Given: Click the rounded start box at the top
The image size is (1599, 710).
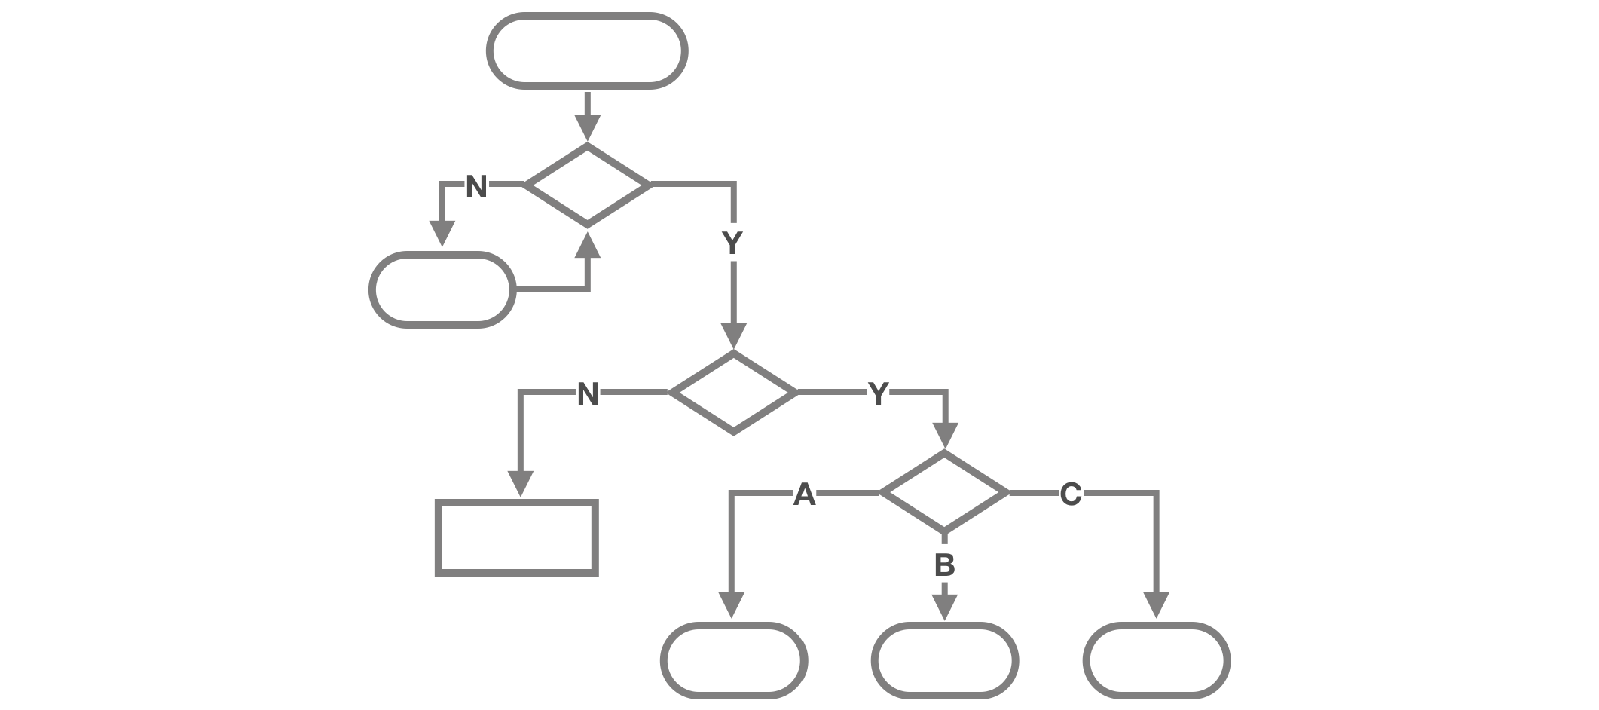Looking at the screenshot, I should (587, 51).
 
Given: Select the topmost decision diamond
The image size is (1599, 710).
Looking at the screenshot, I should (587, 184).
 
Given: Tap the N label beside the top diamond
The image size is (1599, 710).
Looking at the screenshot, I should (476, 186).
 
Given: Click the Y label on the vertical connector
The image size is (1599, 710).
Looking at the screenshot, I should (732, 243).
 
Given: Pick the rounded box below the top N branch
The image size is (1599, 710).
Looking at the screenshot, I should (442, 289).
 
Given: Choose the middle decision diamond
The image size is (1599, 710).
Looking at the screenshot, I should (733, 392).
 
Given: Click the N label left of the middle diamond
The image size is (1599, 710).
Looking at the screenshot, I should (588, 393).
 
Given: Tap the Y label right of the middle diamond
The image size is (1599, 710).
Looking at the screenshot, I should (878, 393).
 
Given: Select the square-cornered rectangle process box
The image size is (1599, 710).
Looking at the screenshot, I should (517, 537).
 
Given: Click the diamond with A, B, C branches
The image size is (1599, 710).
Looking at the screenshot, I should (944, 493).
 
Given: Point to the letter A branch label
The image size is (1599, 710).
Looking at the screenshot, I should (805, 495).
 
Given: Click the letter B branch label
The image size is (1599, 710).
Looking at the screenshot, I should (944, 565).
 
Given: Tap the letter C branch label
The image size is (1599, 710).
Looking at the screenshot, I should (1071, 495).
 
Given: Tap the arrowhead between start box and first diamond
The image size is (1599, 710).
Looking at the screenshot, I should (587, 127).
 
